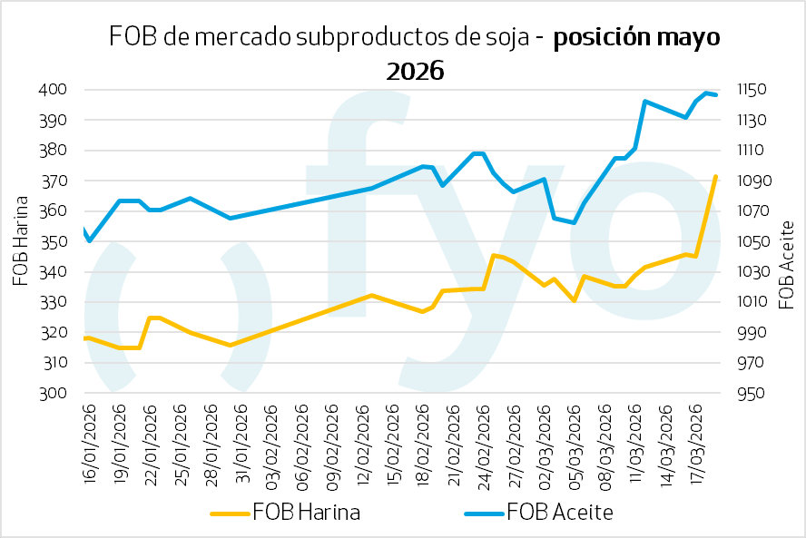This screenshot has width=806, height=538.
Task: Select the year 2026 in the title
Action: [415, 71]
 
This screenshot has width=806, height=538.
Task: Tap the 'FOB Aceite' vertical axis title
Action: [787, 264]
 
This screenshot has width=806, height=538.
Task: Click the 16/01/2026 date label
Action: [89, 437]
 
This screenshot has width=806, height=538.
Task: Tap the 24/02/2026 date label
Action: [482, 437]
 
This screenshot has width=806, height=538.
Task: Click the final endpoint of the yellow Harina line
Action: [716, 177]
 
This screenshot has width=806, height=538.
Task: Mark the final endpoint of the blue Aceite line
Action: [717, 95]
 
